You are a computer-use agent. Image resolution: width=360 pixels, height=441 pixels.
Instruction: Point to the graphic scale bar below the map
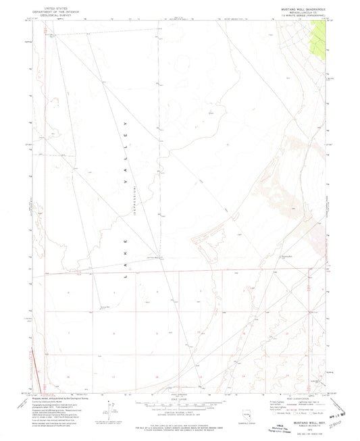(178, 407)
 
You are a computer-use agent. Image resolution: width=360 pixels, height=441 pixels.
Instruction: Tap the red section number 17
(113, 375)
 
